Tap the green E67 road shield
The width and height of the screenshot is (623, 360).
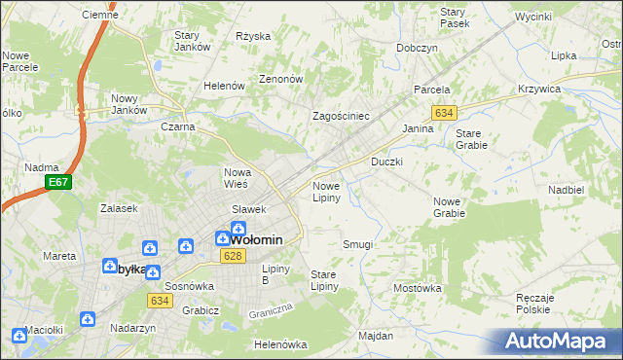[58, 182]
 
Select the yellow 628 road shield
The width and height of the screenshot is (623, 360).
[231, 256]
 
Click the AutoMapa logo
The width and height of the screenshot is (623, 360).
[558, 342]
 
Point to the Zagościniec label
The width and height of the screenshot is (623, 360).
[340, 116]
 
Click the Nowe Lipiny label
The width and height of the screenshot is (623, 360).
[325, 192]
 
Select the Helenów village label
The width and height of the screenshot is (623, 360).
[223, 86]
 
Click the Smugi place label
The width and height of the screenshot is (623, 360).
[357, 244]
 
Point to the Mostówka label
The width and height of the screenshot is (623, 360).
[417, 288]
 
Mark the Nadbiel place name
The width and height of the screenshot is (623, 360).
[565, 190]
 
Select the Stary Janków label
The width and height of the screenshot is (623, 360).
[193, 42]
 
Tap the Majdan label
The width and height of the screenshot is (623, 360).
[375, 336]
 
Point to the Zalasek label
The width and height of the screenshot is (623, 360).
[118, 208]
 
